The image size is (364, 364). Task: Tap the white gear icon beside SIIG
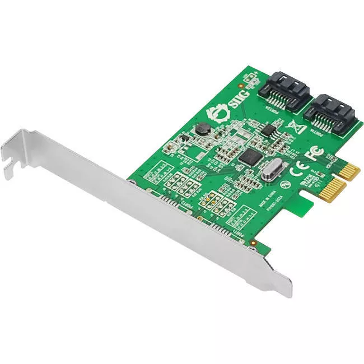click(x=213, y=116)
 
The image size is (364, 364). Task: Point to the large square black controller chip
click(x=249, y=155)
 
